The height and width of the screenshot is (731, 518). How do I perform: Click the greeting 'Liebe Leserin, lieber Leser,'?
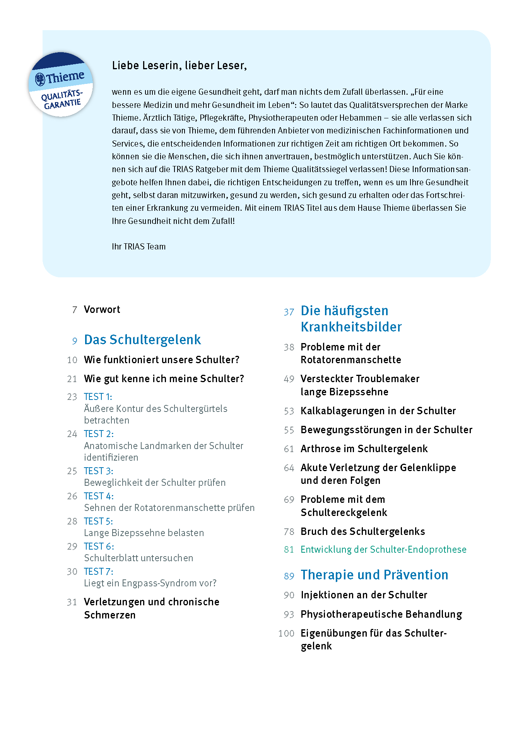click(179, 65)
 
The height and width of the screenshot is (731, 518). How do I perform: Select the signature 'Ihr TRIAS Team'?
click(138, 246)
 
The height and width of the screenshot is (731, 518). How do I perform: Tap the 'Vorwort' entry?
click(102, 309)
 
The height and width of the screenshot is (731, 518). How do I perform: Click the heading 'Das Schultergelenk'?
click(142, 340)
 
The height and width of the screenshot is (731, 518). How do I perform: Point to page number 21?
click(72, 379)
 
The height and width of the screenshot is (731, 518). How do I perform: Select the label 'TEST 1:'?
click(98, 397)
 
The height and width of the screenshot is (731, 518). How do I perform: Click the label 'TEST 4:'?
click(99, 496)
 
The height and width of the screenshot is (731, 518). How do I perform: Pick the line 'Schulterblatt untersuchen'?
click(138, 558)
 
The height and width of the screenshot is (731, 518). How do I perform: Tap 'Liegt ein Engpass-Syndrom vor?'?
click(150, 583)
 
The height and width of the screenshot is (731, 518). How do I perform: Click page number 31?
click(72, 602)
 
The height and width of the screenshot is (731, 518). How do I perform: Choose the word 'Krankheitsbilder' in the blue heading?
click(351, 327)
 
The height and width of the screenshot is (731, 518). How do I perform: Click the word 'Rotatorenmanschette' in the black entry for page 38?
click(350, 360)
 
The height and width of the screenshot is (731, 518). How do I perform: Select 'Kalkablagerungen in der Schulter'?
click(378, 411)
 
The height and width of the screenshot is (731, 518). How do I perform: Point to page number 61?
click(289, 449)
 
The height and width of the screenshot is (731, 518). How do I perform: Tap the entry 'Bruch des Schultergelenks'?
click(362, 531)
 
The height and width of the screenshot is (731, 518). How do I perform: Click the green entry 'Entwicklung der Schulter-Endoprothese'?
click(383, 550)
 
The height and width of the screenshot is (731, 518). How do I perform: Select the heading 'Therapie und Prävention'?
click(374, 575)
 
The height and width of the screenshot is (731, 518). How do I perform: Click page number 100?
click(286, 634)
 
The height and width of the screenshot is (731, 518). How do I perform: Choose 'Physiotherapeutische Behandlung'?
click(381, 614)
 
